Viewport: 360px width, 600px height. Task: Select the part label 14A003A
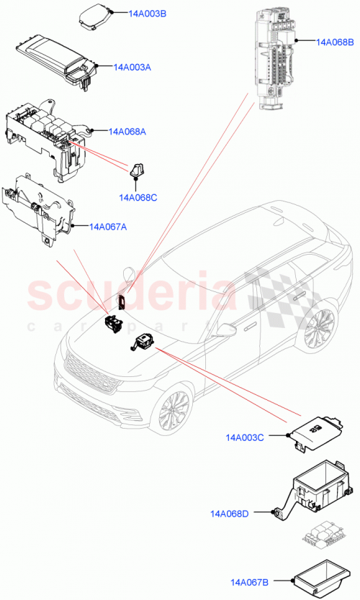click(132, 67)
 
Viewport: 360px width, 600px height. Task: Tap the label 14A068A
click(127, 132)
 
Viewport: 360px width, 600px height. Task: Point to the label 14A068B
click(335, 42)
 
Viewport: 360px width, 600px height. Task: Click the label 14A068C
click(138, 197)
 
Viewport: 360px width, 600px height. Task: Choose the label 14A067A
click(108, 227)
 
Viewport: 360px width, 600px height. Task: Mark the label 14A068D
click(230, 514)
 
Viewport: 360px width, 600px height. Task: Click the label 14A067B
click(250, 583)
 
